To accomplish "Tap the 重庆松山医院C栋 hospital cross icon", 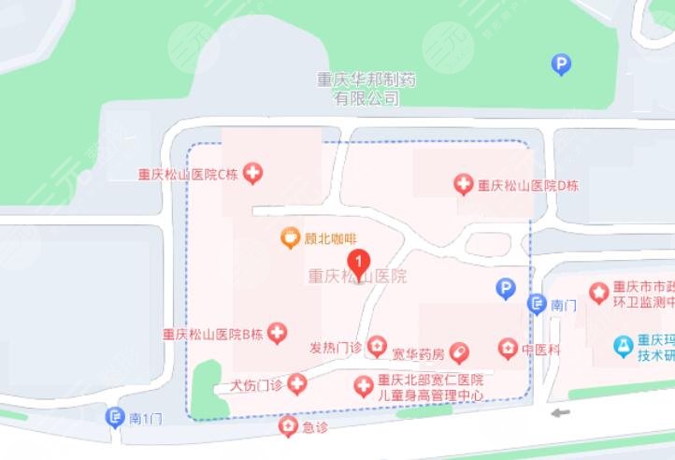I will pyautogui.click(x=252, y=173).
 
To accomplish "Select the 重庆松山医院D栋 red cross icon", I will pyautogui.click(x=464, y=184).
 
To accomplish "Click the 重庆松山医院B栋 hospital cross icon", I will pyautogui.click(x=277, y=333).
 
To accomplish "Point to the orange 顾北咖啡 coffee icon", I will pyautogui.click(x=291, y=238).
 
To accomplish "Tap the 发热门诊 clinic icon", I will pyautogui.click(x=376, y=347).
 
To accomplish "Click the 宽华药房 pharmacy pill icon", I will pyautogui.click(x=458, y=352).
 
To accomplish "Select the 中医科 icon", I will pyautogui.click(x=507, y=350).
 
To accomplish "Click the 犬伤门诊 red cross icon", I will pyautogui.click(x=297, y=383).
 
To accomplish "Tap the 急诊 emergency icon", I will pyautogui.click(x=289, y=426).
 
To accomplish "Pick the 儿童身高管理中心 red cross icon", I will pyautogui.click(x=363, y=386).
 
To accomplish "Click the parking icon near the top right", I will pyautogui.click(x=561, y=65).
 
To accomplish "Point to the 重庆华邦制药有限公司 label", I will pyautogui.click(x=366, y=89).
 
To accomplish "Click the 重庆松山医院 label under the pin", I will pyautogui.click(x=358, y=278).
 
